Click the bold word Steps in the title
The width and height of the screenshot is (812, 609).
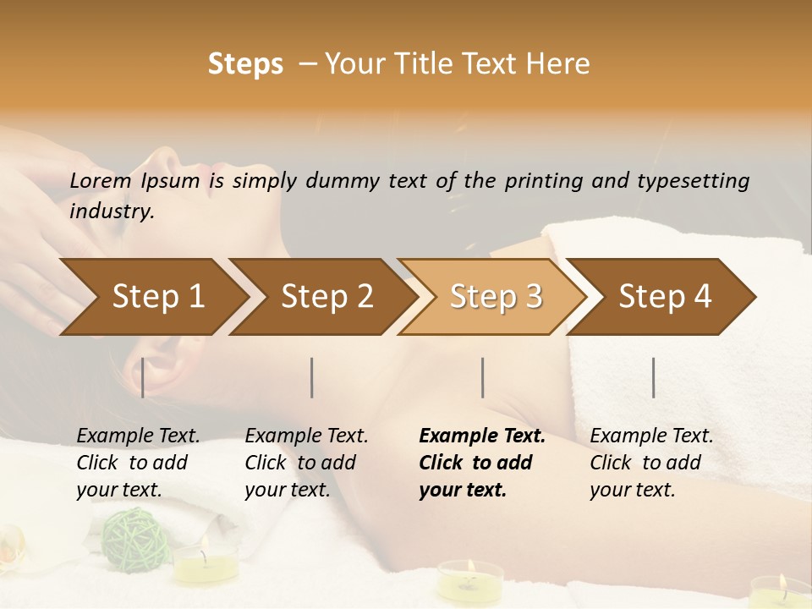(x=245, y=64)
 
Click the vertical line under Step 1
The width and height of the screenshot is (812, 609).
(x=143, y=377)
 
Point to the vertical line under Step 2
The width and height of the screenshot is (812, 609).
(x=312, y=377)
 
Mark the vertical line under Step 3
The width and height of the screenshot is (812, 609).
(x=483, y=377)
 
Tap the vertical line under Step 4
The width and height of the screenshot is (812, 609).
(x=654, y=377)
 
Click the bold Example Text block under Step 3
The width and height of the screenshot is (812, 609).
(x=482, y=463)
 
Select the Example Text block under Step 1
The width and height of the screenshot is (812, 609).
(x=138, y=463)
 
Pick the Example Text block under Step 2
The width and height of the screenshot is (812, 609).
(x=306, y=463)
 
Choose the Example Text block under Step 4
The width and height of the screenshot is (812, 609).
(x=651, y=463)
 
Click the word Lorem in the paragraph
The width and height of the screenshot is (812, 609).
(x=100, y=180)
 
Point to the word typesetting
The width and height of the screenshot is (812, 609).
(x=693, y=181)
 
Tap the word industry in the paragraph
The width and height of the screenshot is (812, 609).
(x=111, y=211)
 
